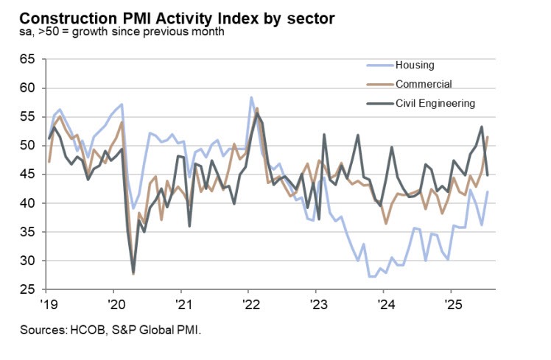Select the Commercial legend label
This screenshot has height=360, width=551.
coord(424,84)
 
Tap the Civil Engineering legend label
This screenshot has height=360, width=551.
coord(436,103)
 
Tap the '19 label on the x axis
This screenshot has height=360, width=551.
coord(49,303)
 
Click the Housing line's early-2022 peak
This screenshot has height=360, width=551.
coord(251,97)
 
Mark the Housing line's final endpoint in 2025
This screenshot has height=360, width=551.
coord(487,192)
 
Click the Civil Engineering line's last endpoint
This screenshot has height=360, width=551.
coord(487,174)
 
